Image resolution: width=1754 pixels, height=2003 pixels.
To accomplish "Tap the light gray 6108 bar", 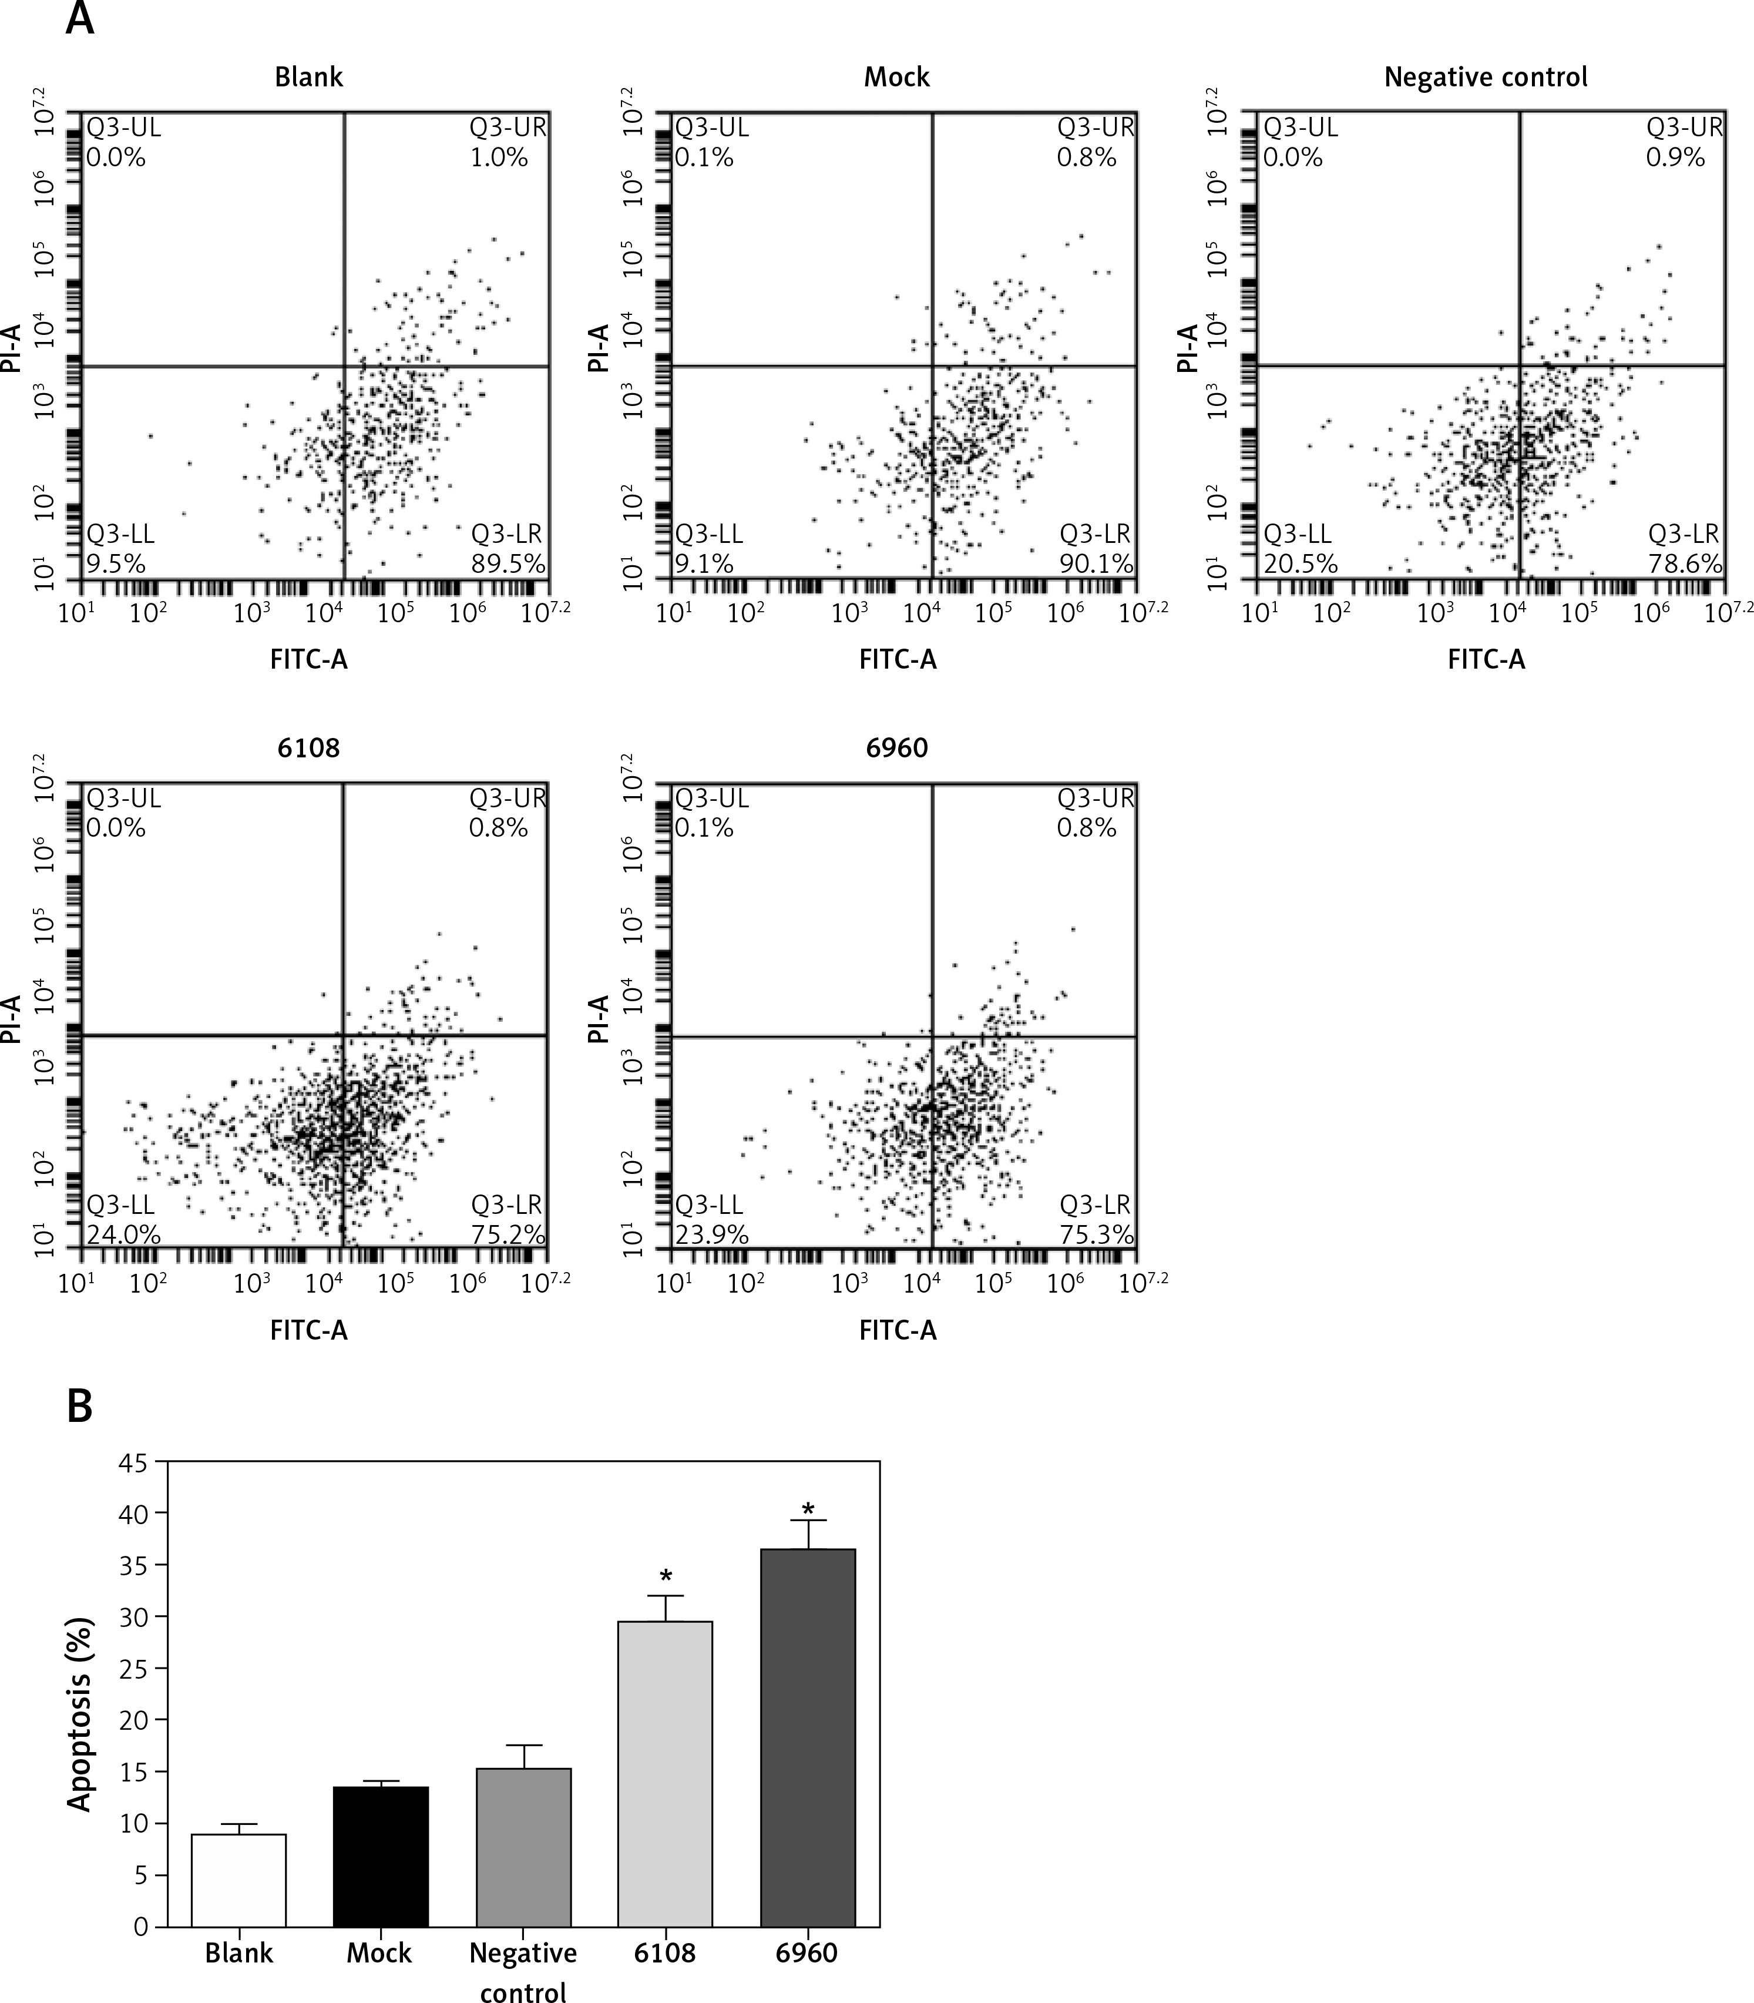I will [666, 1773].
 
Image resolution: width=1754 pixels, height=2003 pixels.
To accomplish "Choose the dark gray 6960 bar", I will [808, 1737].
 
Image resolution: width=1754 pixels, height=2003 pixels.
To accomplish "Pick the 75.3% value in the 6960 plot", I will [1096, 1234].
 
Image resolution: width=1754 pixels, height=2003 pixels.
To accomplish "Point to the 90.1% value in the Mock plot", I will [1096, 564].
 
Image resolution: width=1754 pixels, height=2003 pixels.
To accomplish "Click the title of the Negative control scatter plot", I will [1485, 78].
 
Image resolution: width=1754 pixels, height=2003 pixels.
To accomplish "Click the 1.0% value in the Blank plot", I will [499, 157].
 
